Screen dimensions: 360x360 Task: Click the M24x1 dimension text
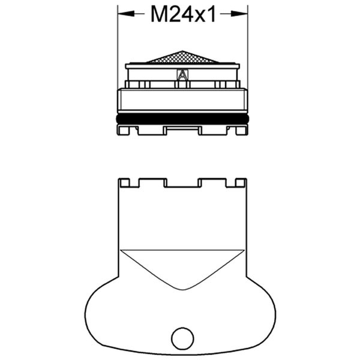tap(182, 15)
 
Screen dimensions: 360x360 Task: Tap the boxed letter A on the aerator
tap(182, 75)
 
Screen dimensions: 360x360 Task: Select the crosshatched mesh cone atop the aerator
tap(182, 58)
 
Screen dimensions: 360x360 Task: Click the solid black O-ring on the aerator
tap(182, 119)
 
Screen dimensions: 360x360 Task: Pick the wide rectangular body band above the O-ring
tap(182, 100)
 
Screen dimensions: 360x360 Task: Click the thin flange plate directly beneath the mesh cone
tap(182, 65)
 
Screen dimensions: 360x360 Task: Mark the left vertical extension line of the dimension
tap(117, 48)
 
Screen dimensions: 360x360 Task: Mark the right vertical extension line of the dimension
tap(248, 48)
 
